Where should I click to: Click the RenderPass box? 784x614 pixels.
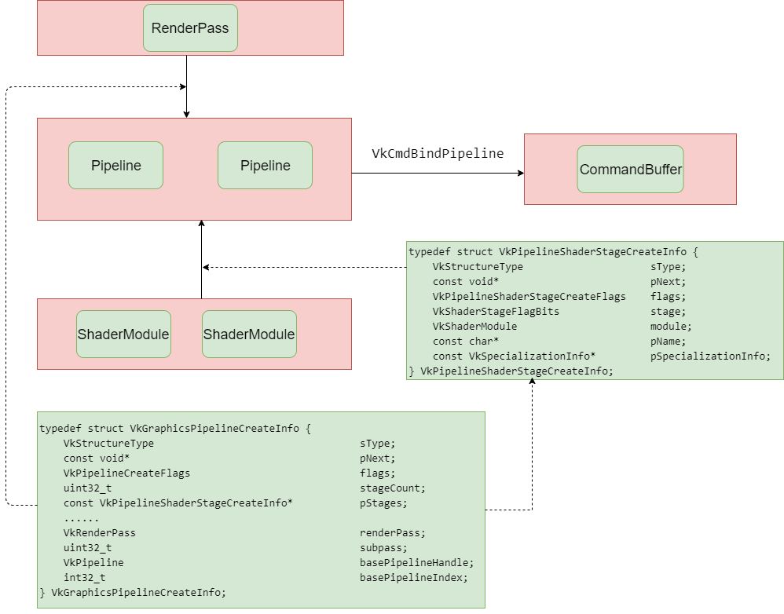[190, 28]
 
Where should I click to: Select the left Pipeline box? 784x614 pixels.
[115, 166]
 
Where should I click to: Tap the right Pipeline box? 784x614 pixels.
[265, 166]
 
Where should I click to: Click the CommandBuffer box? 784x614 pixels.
[630, 170]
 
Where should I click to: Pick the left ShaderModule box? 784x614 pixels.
[123, 334]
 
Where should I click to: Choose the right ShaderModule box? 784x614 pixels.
[249, 334]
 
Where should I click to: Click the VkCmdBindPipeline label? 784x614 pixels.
[437, 154]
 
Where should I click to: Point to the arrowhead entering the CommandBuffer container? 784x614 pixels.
[519, 174]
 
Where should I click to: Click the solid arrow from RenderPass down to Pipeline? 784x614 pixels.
[186, 86]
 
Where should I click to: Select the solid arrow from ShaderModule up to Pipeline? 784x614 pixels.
[202, 259]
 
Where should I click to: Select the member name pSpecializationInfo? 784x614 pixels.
[710, 356]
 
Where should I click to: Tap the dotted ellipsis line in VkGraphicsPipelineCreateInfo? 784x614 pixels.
[81, 518]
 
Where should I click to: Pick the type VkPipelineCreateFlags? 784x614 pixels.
[126, 473]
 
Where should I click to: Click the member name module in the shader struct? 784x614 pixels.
[670, 327]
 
